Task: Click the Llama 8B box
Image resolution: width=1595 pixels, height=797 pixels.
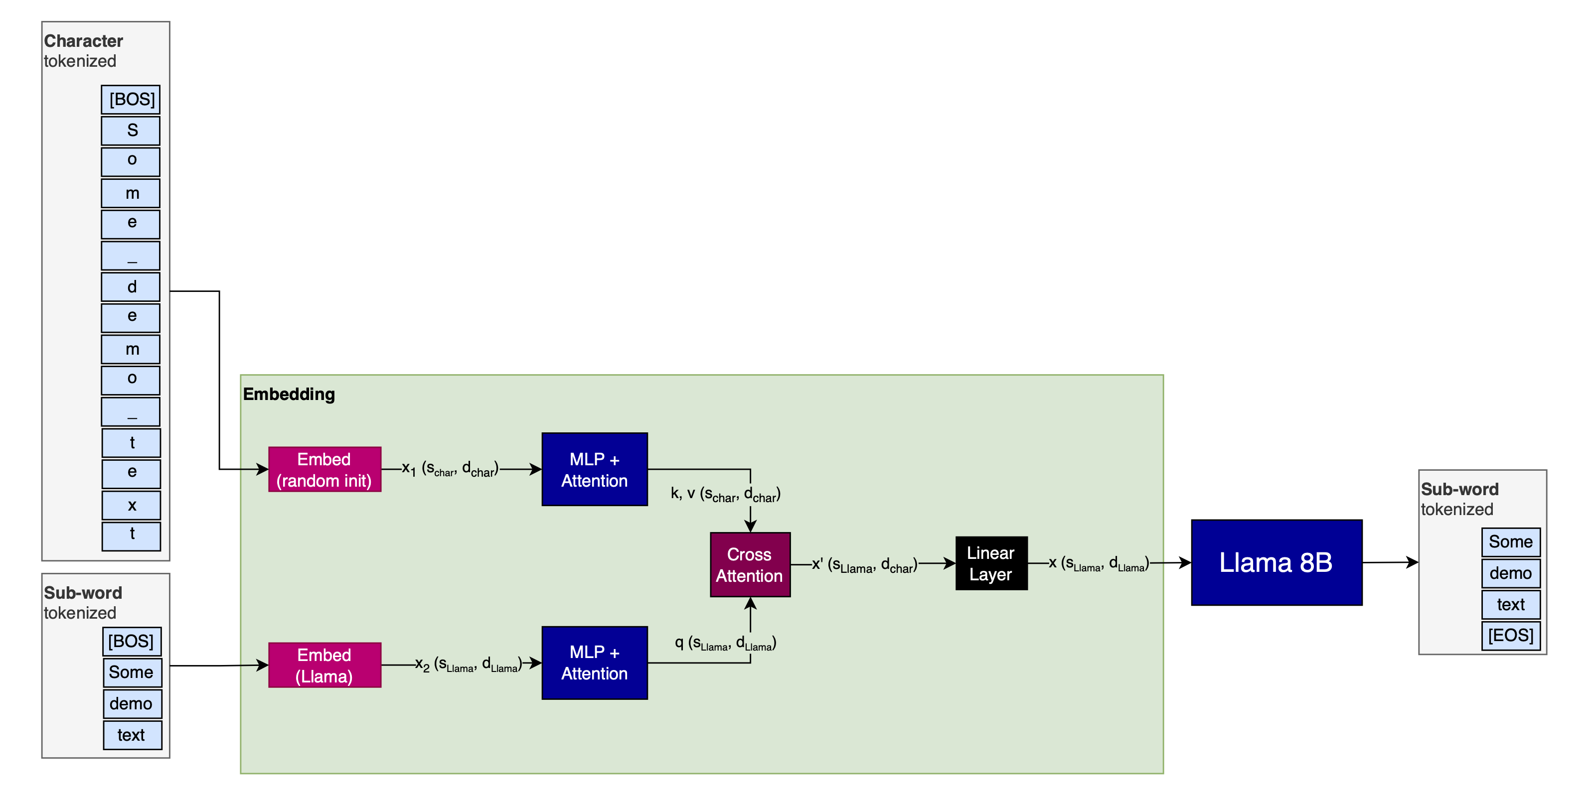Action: click(1276, 562)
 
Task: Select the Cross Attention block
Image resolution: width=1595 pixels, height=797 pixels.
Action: click(750, 564)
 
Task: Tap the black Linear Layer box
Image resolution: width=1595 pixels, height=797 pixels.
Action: click(991, 563)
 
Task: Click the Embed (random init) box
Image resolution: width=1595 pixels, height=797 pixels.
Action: click(324, 470)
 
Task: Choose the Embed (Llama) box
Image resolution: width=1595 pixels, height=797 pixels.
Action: click(324, 665)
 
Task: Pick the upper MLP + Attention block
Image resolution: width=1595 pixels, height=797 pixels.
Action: click(595, 470)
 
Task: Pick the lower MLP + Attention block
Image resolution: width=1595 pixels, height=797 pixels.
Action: click(595, 663)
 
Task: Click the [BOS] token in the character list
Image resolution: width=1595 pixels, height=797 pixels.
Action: click(131, 100)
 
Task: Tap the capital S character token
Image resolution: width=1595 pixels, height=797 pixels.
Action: click(131, 131)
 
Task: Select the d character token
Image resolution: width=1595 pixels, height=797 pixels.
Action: click(131, 287)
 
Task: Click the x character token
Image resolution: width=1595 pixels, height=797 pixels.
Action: click(131, 506)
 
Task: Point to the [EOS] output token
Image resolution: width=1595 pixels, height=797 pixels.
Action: click(1510, 636)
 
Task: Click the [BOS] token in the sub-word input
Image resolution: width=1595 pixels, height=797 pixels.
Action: click(131, 641)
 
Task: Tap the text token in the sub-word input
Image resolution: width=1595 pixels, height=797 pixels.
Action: click(131, 735)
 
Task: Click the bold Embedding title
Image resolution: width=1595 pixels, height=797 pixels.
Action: click(289, 394)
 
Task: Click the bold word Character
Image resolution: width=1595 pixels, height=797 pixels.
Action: click(84, 41)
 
